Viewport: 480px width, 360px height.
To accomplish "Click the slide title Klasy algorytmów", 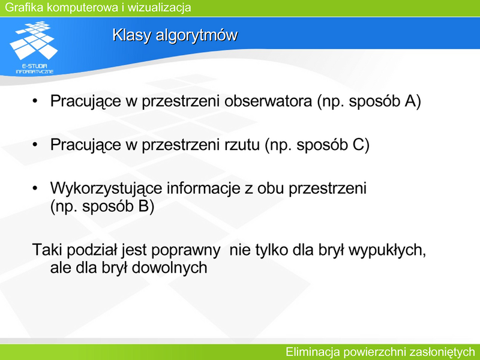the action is (175, 35).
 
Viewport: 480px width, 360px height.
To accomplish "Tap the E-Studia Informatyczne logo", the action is (34, 47).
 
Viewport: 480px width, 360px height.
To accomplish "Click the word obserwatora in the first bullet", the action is (268, 101).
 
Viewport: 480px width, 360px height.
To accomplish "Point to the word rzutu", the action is (242, 145).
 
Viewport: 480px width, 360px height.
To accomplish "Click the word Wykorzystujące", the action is (106, 188).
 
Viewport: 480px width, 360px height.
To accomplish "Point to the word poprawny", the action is (185, 250).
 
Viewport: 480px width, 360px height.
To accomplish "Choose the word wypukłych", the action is (387, 250).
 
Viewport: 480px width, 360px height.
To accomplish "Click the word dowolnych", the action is (169, 267).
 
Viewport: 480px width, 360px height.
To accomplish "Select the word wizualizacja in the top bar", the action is (159, 7).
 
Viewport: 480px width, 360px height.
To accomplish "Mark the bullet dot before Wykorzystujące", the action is (35, 188).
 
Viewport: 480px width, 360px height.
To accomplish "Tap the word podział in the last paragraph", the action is (92, 250).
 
